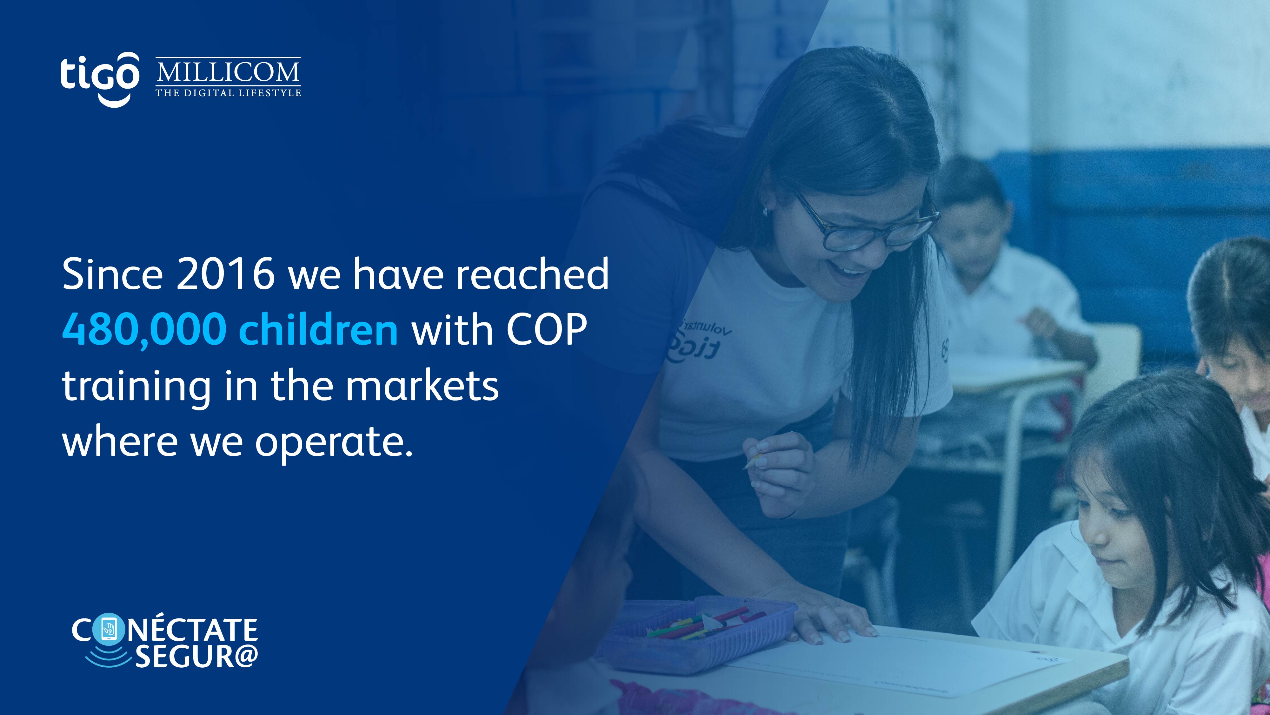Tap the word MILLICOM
(x=228, y=72)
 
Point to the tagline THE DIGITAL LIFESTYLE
(x=228, y=93)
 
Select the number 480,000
(x=144, y=330)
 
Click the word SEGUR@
(x=196, y=656)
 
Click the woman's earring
(x=766, y=212)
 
